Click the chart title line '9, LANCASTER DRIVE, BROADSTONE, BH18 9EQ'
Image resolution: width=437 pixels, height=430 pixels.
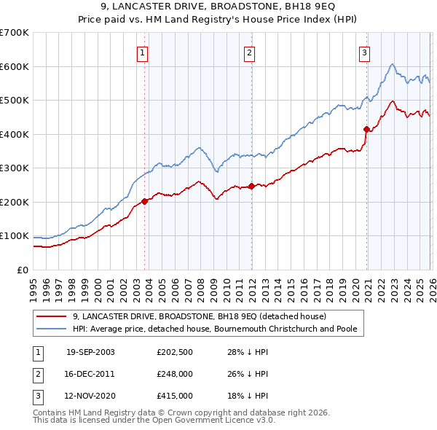(x=218, y=8)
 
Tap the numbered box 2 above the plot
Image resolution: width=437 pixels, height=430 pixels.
(x=249, y=52)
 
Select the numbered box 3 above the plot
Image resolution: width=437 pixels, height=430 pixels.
(x=364, y=52)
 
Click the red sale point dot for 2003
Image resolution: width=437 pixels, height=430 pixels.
(x=145, y=201)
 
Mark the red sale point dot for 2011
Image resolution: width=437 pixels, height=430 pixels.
(x=251, y=186)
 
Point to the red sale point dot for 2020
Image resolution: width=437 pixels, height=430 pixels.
(x=366, y=130)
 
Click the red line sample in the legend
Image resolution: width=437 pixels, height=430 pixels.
(x=52, y=316)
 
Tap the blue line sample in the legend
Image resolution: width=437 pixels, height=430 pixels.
(x=52, y=329)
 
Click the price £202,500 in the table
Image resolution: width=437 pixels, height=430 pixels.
(x=175, y=352)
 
